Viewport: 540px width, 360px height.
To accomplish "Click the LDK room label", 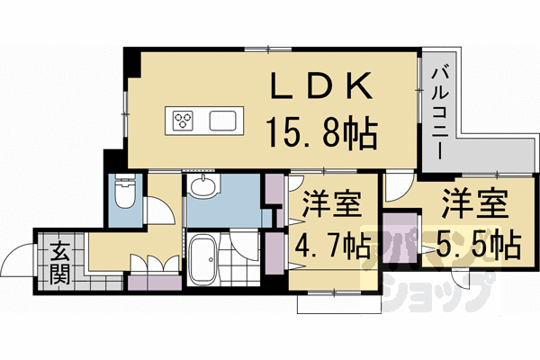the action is tap(321, 85).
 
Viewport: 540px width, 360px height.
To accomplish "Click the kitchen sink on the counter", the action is tap(223, 121).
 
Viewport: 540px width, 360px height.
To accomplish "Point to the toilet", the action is tap(125, 191).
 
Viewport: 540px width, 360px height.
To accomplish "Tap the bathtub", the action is tap(202, 258).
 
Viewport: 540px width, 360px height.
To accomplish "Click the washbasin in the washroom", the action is tap(203, 186).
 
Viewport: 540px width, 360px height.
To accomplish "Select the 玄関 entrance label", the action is tap(60, 263).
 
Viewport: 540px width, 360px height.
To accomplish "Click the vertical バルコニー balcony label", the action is tap(440, 113).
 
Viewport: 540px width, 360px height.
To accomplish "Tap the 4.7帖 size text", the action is tap(332, 247).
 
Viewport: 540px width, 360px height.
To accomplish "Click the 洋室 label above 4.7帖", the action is tap(331, 204).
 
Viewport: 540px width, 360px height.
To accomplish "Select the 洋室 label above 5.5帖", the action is tap(475, 203).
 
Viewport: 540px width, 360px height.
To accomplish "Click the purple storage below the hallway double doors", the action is tap(155, 283).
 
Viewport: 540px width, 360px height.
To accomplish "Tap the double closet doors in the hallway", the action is tap(155, 263).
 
